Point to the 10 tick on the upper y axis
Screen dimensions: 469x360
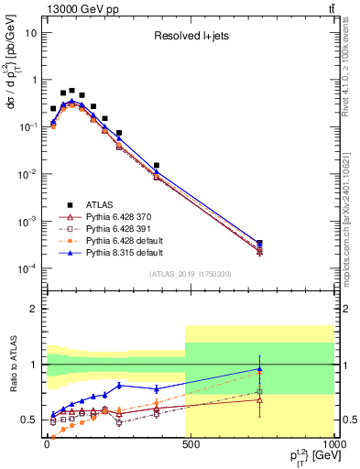(31, 32)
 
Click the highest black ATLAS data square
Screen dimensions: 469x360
(72, 91)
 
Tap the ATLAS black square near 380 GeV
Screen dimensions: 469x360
(157, 166)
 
